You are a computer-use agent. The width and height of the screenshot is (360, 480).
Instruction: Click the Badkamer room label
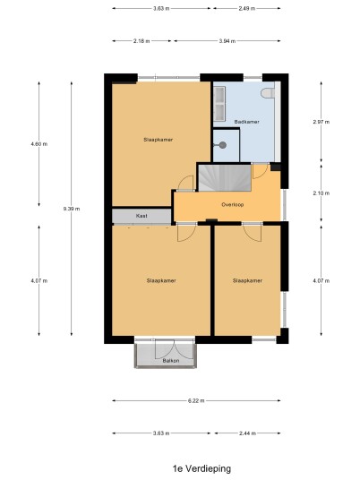[x=247, y=122]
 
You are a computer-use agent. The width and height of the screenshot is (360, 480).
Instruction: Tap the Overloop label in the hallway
[x=233, y=204]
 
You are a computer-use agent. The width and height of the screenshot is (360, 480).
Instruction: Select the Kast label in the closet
[x=141, y=216]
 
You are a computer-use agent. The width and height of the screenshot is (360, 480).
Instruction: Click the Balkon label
[x=171, y=361]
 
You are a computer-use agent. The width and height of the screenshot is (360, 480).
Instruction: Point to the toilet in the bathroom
[x=268, y=93]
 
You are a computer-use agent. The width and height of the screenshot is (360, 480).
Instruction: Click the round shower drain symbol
[x=223, y=145]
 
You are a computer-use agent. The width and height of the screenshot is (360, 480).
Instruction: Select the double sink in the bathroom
[x=219, y=103]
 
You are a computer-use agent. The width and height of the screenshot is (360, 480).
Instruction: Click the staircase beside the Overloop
[x=225, y=178]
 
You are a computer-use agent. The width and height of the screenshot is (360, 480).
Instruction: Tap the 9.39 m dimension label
[x=72, y=209]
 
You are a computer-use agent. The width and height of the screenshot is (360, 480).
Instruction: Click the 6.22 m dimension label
[x=196, y=400]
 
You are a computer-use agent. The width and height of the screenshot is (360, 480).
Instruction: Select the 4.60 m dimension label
[x=39, y=144]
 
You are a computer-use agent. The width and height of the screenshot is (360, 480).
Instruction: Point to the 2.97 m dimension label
[x=321, y=122]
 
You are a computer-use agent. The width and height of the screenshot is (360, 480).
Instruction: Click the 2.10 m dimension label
[x=321, y=193]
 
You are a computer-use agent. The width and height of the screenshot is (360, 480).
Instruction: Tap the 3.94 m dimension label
[x=227, y=41]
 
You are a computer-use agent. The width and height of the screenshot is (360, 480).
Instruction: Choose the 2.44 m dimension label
[x=247, y=433]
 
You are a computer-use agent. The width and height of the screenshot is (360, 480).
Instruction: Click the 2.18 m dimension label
[x=141, y=41]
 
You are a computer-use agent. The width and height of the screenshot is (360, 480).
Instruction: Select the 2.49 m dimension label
[x=247, y=9]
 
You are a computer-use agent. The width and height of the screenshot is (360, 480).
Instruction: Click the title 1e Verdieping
[x=201, y=468]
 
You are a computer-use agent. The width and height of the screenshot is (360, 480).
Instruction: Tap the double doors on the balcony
[x=165, y=349]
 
